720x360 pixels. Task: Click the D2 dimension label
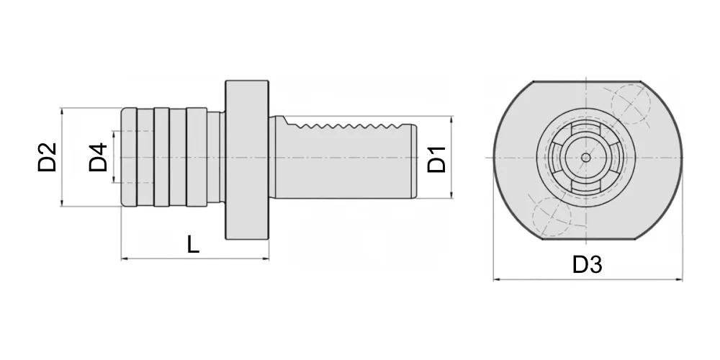pyautogui.click(x=48, y=157)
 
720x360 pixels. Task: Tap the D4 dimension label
pyautogui.click(x=98, y=157)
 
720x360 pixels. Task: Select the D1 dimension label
pyautogui.click(x=437, y=159)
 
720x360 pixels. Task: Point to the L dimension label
pyautogui.click(x=193, y=244)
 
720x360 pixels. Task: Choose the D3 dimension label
pyautogui.click(x=588, y=264)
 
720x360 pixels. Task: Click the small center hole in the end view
pyautogui.click(x=586, y=158)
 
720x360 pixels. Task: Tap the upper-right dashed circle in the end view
pyautogui.click(x=631, y=104)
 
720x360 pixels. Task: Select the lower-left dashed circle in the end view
pyautogui.click(x=552, y=217)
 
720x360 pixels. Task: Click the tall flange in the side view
pyautogui.click(x=247, y=160)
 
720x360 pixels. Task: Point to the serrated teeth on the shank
pyautogui.click(x=351, y=125)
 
